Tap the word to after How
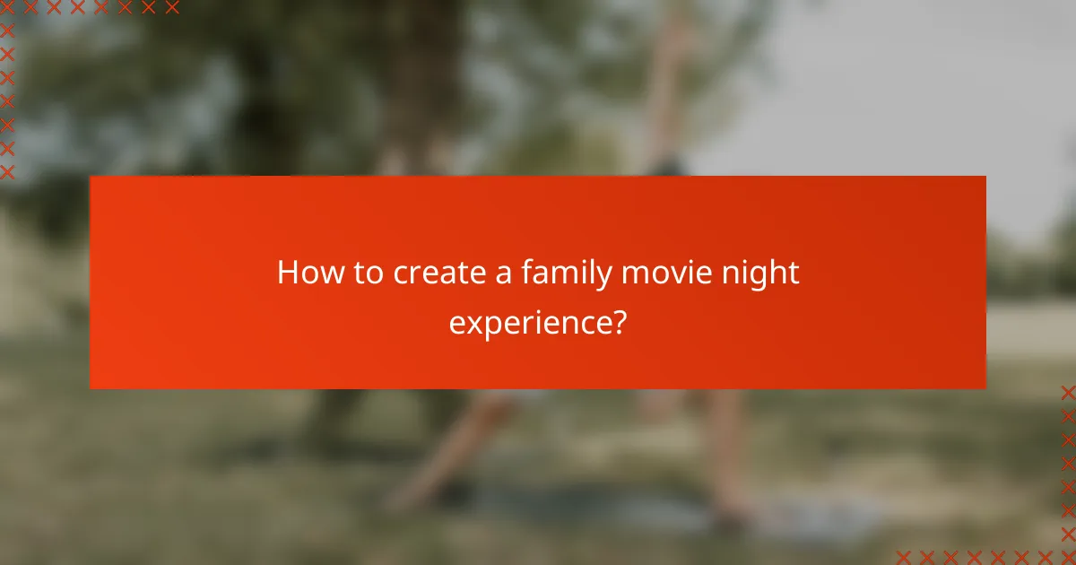[x=368, y=273]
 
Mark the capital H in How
[x=288, y=273]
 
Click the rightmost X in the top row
[x=172, y=8]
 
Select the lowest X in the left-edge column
[x=8, y=171]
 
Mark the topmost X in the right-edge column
[x=1068, y=392]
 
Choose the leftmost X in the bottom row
[x=904, y=556]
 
